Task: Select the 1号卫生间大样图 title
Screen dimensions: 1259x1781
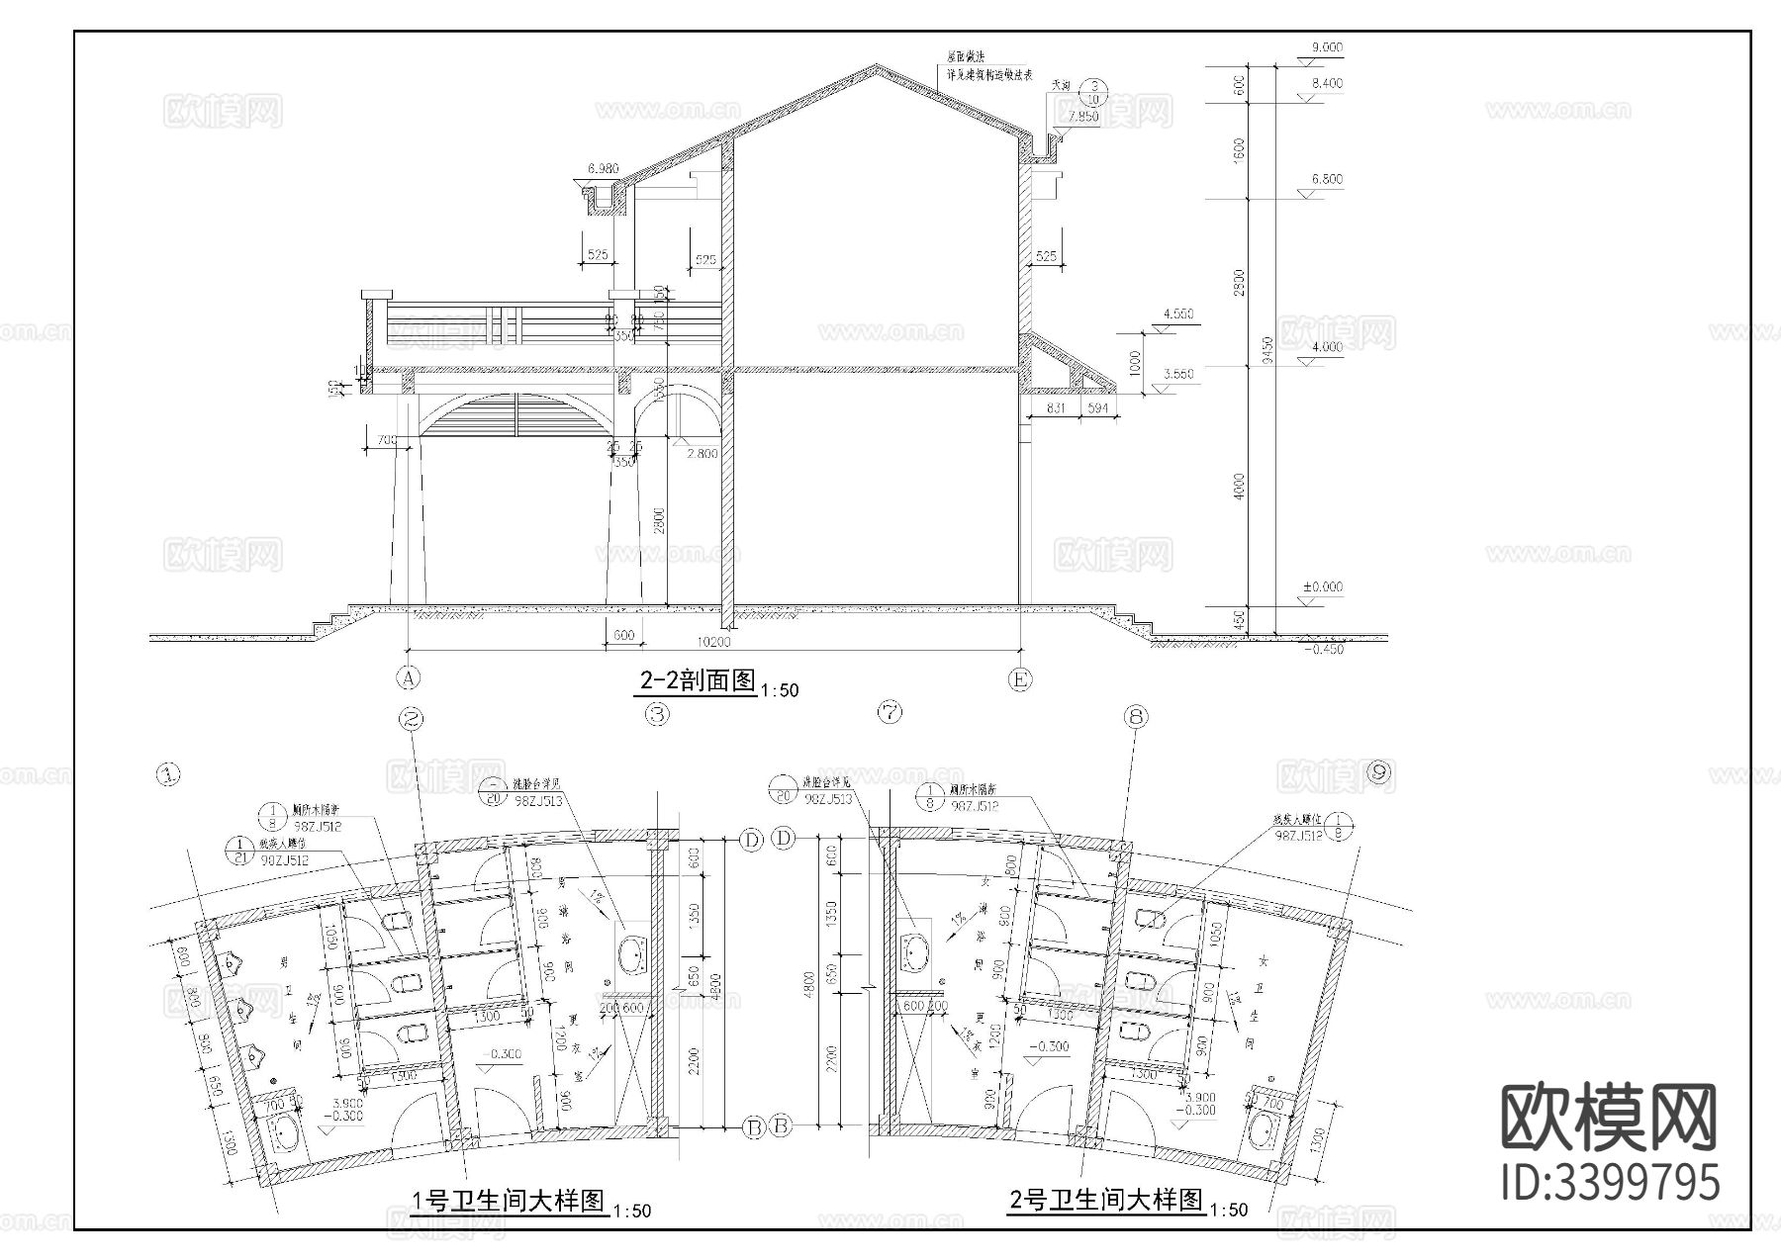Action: click(509, 1201)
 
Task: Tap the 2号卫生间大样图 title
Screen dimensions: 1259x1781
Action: click(1106, 1201)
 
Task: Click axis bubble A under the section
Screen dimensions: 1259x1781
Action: click(408, 678)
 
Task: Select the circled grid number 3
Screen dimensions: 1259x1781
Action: click(657, 713)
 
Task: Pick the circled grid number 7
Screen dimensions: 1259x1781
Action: click(890, 711)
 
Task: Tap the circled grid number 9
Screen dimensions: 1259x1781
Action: click(1379, 773)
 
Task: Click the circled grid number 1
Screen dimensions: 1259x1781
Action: click(170, 774)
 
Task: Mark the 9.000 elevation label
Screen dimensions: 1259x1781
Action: click(1326, 47)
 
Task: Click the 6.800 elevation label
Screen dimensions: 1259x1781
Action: click(1327, 180)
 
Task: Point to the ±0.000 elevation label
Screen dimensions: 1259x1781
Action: click(1323, 586)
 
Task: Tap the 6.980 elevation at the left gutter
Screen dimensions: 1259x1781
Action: click(603, 169)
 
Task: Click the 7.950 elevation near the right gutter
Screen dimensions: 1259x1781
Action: click(1083, 117)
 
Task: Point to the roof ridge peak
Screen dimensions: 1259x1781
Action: click(875, 67)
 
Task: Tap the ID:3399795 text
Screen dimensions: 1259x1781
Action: click(1611, 1182)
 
